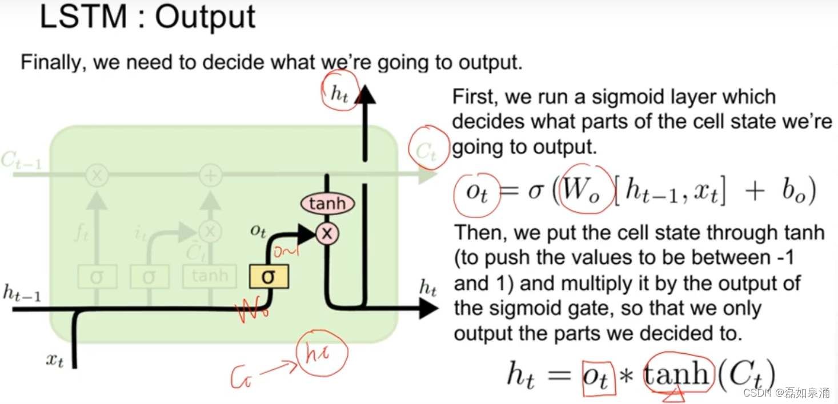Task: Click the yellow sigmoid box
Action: pos(268,277)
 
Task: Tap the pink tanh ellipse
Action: pos(327,204)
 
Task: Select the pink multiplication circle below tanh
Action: pos(327,233)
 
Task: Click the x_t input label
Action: pos(55,361)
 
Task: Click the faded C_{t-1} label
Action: pos(21,161)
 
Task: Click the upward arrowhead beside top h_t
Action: pos(364,92)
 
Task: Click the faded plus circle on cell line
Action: pos(210,176)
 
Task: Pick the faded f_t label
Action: pos(83,233)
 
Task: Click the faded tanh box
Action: pos(210,277)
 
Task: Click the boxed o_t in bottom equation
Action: pos(599,377)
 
